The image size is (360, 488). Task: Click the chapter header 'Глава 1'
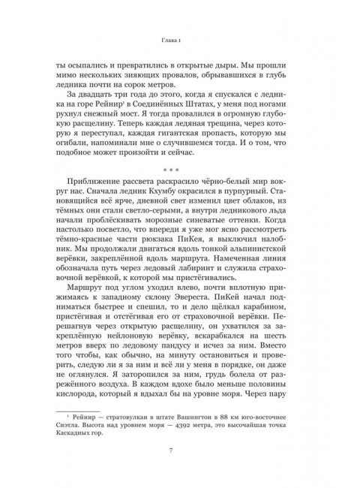coord(180,41)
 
